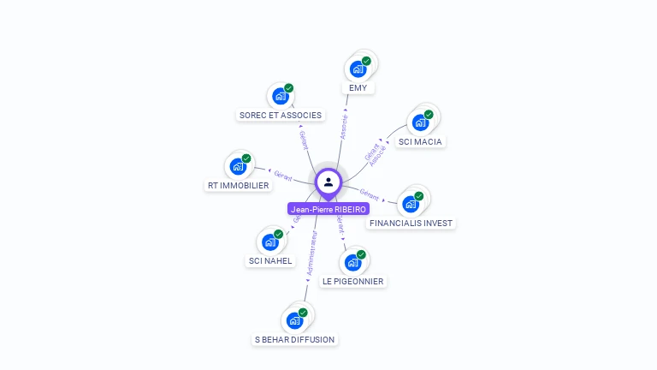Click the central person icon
click(328, 182)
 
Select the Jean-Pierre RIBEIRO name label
click(328, 209)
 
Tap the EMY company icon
click(358, 69)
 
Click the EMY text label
click(358, 88)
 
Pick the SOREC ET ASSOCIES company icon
click(280, 96)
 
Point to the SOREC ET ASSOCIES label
click(280, 115)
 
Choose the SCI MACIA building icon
click(420, 122)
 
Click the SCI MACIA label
click(420, 141)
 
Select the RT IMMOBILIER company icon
click(238, 166)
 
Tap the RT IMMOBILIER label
click(238, 185)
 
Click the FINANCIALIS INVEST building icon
click(411, 204)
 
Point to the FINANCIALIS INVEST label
click(411, 224)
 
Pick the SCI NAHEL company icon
click(270, 242)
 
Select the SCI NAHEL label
click(270, 261)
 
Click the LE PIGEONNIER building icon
click(352, 262)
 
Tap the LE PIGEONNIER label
click(352, 281)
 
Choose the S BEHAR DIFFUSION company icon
click(294, 320)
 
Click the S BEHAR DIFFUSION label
click(294, 340)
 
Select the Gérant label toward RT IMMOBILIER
click(283, 176)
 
